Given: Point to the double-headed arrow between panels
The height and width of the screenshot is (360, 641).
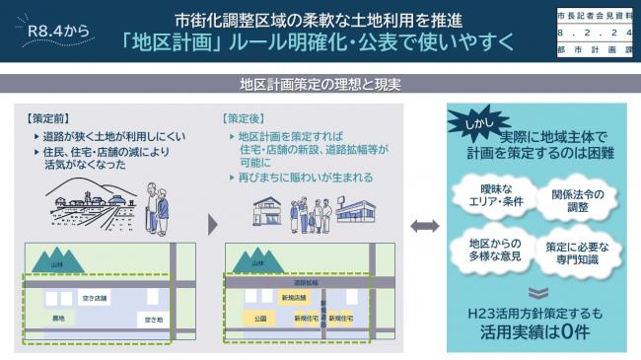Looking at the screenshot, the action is click(x=424, y=226).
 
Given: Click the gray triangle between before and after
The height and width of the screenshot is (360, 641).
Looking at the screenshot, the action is click(x=212, y=225).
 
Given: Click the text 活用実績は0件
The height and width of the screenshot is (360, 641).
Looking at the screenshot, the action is click(x=534, y=333).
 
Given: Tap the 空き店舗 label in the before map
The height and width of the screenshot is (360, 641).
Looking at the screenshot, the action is click(x=94, y=296).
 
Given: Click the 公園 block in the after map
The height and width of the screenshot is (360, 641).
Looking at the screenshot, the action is click(x=260, y=319).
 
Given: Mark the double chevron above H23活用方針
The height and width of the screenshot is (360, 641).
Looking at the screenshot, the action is click(x=534, y=292).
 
